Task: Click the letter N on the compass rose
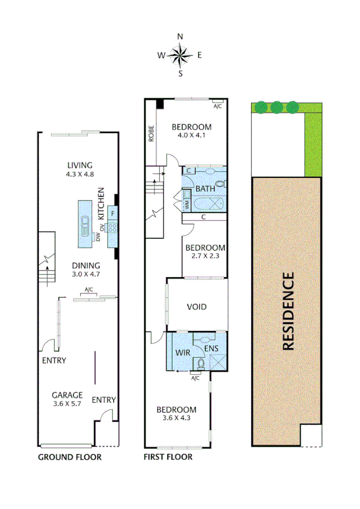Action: pyautogui.click(x=180, y=37)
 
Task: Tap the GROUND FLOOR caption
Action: pyautogui.click(x=69, y=457)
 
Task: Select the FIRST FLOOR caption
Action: pyautogui.click(x=168, y=457)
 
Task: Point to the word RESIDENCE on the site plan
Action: pyautogui.click(x=288, y=311)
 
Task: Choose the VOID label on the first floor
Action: pyautogui.click(x=196, y=307)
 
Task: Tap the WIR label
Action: pyautogui.click(x=183, y=353)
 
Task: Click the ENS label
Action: pyautogui.click(x=210, y=348)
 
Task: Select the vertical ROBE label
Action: pyautogui.click(x=152, y=133)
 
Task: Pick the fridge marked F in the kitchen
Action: pyautogui.click(x=113, y=213)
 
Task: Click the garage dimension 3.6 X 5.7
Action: pyautogui.click(x=66, y=403)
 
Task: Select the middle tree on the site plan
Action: pyautogui.click(x=276, y=107)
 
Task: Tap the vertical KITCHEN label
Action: pyautogui.click(x=101, y=204)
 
